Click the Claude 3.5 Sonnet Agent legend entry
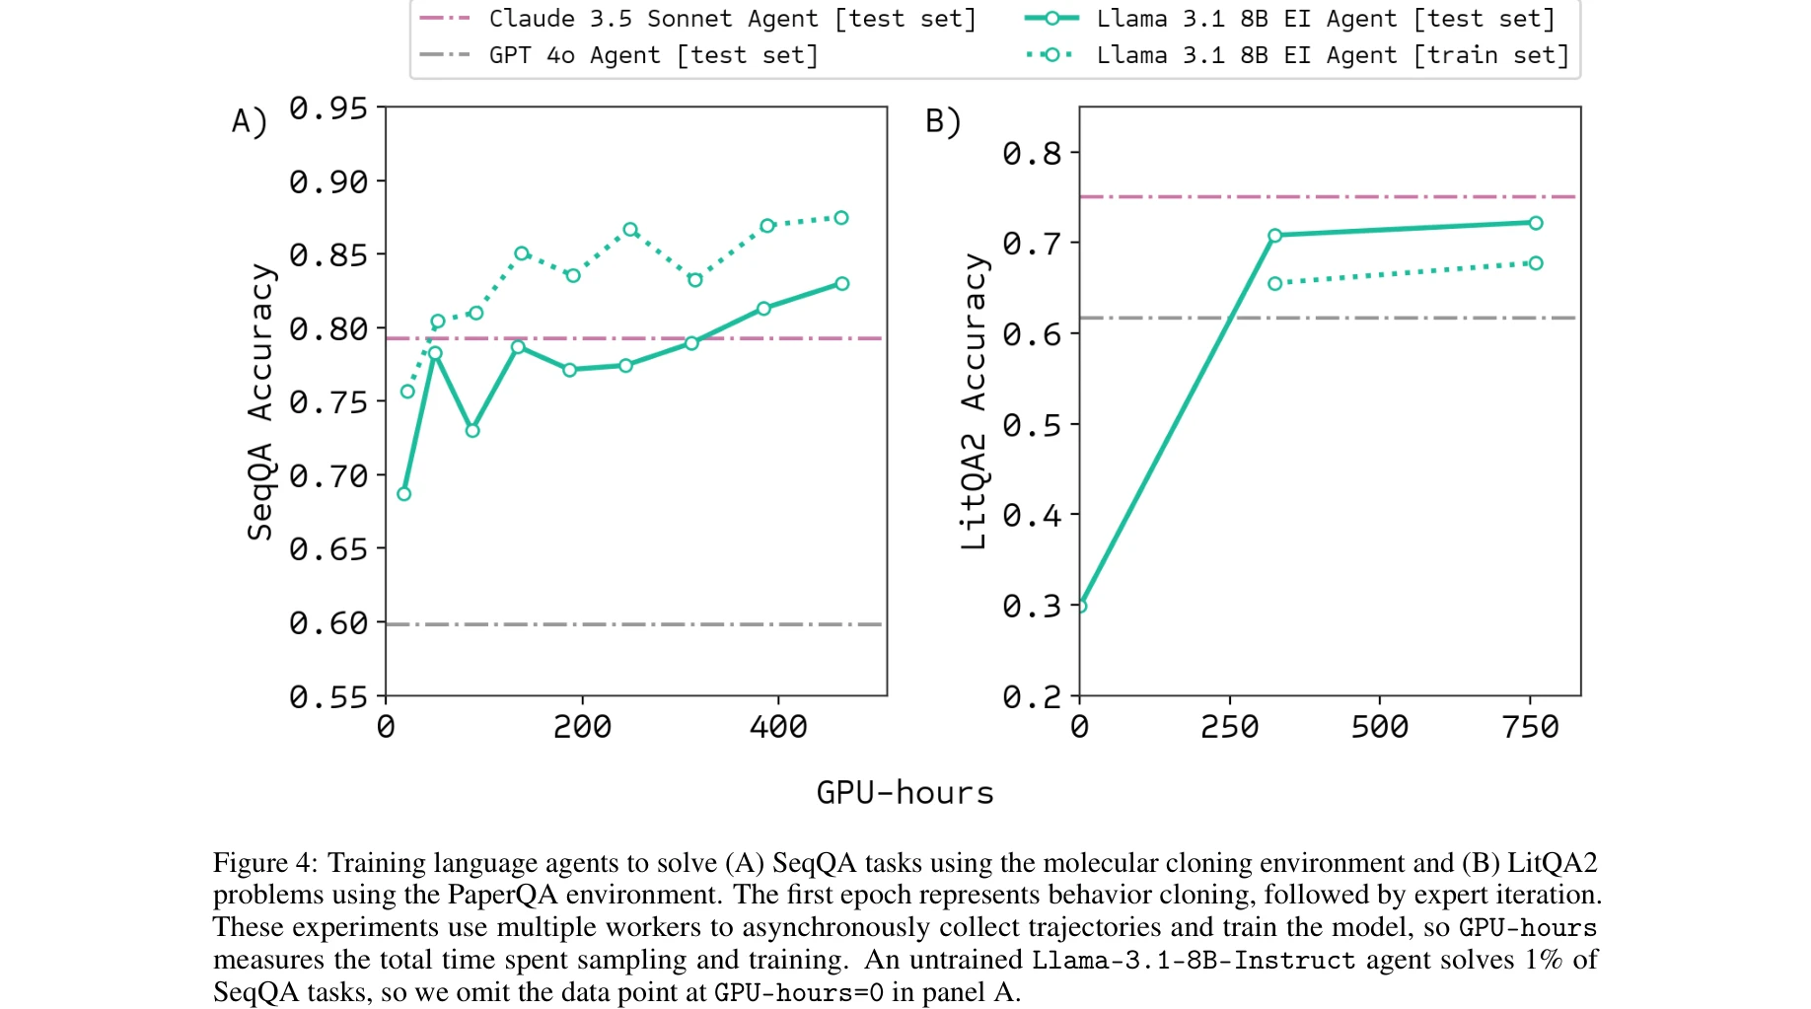pos(731,19)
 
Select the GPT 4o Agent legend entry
pos(653,55)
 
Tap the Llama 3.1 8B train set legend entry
pos(1332,55)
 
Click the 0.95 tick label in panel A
pos(327,108)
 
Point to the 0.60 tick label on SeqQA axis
pos(327,623)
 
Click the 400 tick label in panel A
pos(778,728)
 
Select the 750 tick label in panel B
pos(1530,728)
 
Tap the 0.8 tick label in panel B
pos(1031,154)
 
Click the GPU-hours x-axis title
pos(905,793)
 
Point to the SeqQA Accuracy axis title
pos(260,401)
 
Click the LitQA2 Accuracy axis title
pos(975,401)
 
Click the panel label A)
pos(249,121)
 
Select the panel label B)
pos(942,121)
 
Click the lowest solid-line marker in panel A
pos(404,494)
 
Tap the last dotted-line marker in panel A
pos(841,218)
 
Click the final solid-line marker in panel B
pos(1536,223)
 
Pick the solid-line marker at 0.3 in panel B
pos(1081,606)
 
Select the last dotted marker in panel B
pos(1536,263)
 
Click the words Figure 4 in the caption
pos(264,863)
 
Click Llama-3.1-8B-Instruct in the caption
pos(1194,960)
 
